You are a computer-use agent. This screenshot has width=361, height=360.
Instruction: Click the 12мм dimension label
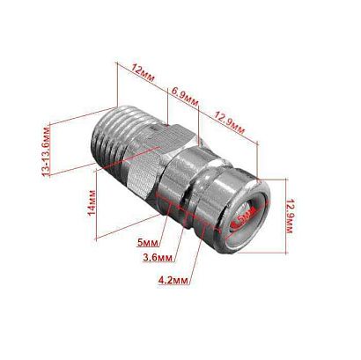(x=142, y=68)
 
